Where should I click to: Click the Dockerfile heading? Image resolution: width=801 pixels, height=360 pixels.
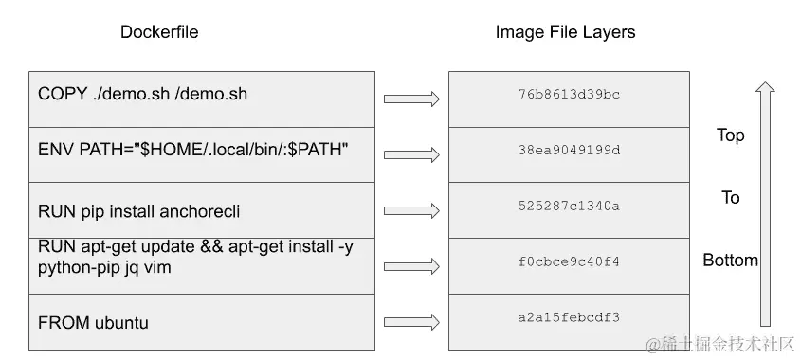159,32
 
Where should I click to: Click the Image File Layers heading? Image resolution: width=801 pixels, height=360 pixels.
565,32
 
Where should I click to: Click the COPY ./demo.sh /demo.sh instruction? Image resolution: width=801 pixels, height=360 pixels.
142,94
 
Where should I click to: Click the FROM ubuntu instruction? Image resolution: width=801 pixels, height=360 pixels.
93,323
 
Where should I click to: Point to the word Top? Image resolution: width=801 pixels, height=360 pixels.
730,135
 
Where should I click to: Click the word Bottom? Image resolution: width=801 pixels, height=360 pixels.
730,261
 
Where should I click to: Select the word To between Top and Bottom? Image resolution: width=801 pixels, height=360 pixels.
730,198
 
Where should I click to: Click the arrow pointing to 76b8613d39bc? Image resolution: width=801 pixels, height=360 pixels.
411,99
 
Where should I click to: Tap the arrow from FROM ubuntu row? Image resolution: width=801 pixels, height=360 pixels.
411,321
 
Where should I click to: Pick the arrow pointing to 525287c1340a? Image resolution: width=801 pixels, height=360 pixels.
411,210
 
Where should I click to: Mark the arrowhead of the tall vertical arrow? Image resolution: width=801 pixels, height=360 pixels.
765,88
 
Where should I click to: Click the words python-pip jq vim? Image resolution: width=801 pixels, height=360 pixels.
107,268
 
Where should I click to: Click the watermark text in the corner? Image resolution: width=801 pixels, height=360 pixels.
719,345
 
